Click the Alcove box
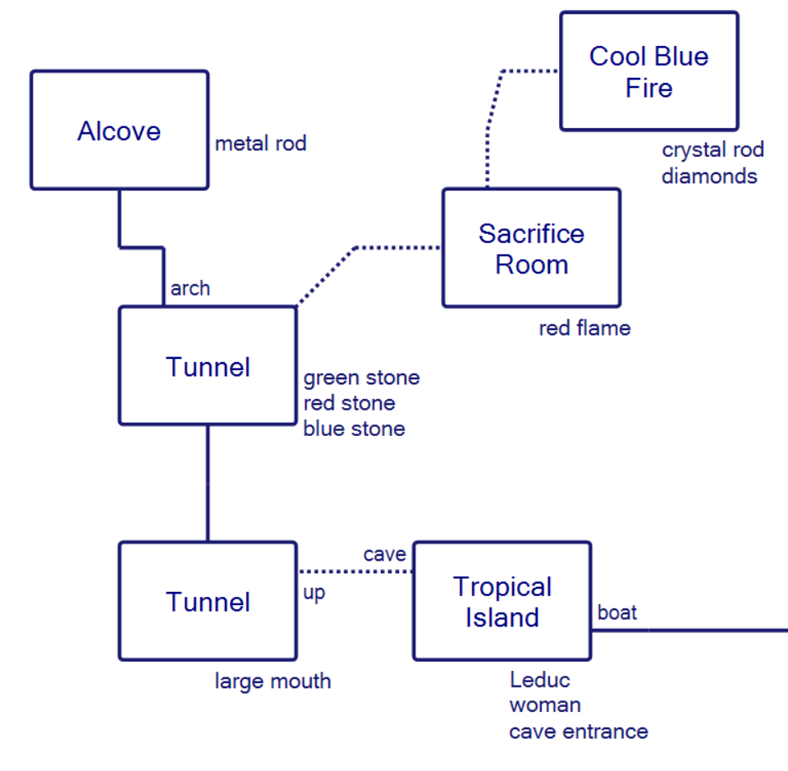119,130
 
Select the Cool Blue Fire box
648,71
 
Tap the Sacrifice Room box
531,248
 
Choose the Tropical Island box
502,601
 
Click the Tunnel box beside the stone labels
208,366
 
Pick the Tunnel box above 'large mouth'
208,601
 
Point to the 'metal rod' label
260,145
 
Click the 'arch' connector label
190,289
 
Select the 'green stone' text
361,378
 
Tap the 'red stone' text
349,403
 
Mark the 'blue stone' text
354,429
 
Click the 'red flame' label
584,328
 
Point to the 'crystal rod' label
712,150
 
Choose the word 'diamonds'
709,176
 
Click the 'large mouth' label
273,681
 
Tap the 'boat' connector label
617,613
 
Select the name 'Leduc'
539,680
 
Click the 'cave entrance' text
578,731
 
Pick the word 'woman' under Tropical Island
544,705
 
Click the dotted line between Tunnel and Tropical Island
355,571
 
